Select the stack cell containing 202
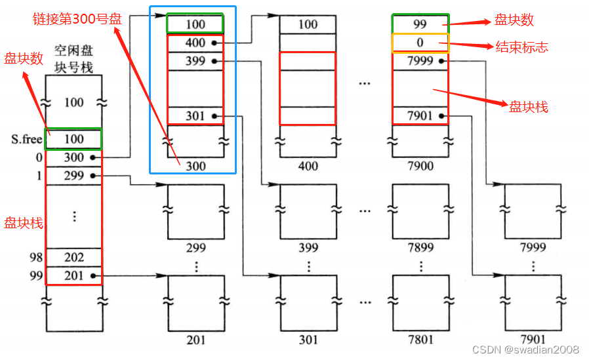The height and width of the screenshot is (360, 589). (x=74, y=258)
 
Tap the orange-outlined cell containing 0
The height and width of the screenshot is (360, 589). (x=420, y=43)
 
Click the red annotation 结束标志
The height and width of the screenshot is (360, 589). (x=521, y=47)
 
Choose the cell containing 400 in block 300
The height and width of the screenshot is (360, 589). (x=195, y=43)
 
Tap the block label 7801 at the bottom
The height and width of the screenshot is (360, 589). (x=420, y=340)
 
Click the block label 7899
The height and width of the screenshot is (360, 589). (x=420, y=247)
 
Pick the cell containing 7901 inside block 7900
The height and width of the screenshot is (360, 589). (x=420, y=117)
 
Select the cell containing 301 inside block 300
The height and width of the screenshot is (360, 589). (x=195, y=117)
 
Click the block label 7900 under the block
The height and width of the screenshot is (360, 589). (x=420, y=166)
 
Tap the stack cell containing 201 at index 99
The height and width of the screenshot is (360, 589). (x=74, y=276)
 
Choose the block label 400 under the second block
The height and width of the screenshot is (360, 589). (x=308, y=166)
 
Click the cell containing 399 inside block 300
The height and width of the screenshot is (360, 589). (x=195, y=62)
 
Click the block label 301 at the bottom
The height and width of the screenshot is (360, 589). (x=308, y=340)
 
